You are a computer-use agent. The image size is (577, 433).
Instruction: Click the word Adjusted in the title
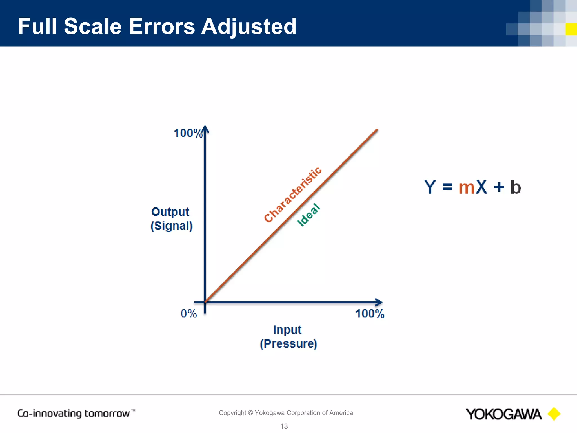[x=248, y=27]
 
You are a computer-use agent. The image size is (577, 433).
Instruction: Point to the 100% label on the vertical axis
[x=188, y=133]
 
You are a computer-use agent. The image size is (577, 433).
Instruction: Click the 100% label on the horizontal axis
[x=370, y=314]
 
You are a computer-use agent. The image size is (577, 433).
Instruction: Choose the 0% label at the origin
[x=188, y=313]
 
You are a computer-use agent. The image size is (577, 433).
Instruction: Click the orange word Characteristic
[x=293, y=195]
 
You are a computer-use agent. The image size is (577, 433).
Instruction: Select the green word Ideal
[x=309, y=215]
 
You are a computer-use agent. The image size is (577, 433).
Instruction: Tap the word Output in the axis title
[x=170, y=212]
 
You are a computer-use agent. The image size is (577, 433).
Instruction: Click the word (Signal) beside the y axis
[x=171, y=226]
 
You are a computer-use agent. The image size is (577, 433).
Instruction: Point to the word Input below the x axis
[x=287, y=330]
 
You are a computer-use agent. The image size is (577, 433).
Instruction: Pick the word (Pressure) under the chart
[x=288, y=344]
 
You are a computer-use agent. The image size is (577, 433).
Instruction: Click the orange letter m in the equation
[x=467, y=187]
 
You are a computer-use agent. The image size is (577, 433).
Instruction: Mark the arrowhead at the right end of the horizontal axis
[x=379, y=302]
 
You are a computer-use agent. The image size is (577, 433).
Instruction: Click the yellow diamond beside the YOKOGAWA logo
[x=554, y=414]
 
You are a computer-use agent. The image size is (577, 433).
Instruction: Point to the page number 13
[x=284, y=426]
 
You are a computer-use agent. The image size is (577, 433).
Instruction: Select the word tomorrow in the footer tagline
[x=107, y=414]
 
